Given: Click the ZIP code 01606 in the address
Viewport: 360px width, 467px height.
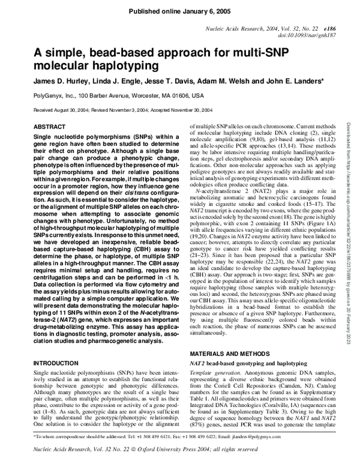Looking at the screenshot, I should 179,95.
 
